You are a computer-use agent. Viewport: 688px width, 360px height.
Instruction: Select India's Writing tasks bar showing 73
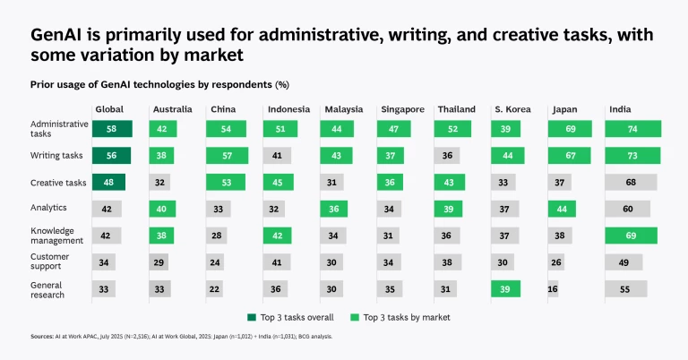[x=633, y=156]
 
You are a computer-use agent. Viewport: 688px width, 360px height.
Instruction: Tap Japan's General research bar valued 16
[x=553, y=289]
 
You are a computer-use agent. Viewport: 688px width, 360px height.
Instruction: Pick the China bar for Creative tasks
[x=228, y=183]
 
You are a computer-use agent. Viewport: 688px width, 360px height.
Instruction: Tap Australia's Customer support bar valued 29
[x=159, y=262]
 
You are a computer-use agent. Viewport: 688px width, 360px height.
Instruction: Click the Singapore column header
[x=402, y=109]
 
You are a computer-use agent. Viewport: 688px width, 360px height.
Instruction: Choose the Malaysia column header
[x=343, y=109]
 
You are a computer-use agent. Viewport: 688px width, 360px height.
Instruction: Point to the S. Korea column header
[x=512, y=109]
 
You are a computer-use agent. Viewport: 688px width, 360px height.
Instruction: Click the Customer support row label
[x=51, y=262]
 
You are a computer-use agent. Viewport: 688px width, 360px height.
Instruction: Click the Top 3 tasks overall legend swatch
[x=252, y=318]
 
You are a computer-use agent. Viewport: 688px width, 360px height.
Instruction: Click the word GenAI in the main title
[x=61, y=36]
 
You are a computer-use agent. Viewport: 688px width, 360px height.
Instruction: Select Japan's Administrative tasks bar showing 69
[x=570, y=129]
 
